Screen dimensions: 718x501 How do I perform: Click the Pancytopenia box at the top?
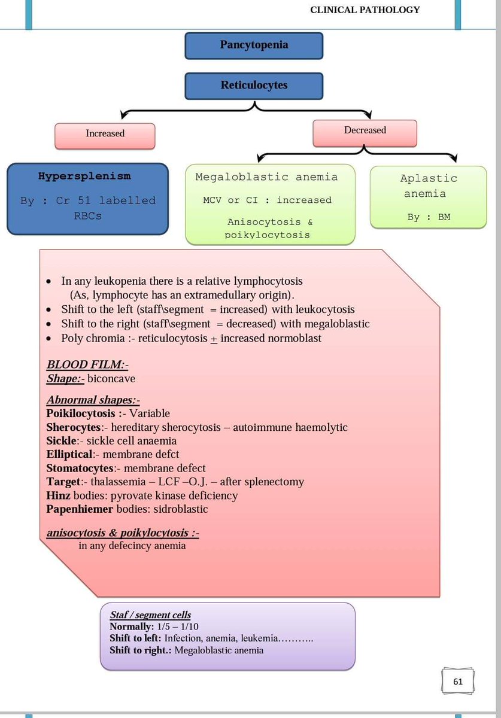[x=254, y=45]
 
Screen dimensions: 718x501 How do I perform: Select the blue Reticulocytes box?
[x=254, y=86]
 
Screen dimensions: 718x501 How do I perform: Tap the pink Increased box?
[x=105, y=134]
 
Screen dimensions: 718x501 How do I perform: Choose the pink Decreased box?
[x=365, y=130]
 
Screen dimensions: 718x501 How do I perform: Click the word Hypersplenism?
[x=84, y=177]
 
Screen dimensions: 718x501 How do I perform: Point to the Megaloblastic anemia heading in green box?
[x=266, y=177]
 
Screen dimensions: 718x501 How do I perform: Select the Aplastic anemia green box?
[x=429, y=197]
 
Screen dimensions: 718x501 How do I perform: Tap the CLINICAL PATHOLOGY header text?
[x=365, y=10]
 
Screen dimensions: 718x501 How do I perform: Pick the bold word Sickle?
[x=60, y=442]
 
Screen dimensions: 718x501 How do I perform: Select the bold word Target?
[x=62, y=482]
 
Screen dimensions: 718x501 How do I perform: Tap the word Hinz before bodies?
[x=58, y=495]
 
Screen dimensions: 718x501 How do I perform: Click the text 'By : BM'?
[x=429, y=217]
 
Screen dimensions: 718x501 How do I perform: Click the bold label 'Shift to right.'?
[x=141, y=650]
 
